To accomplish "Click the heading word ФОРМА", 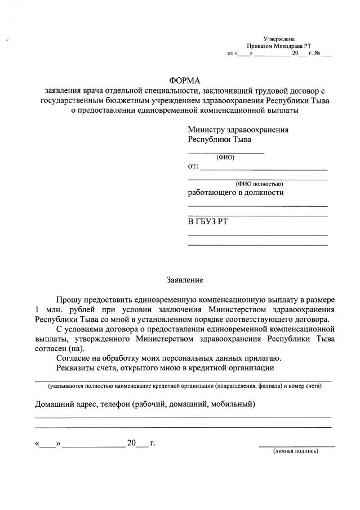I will click(185, 81).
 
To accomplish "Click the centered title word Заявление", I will click(184, 280).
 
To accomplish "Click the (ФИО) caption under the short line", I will click(225, 157).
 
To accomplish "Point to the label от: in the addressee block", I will click(193, 167).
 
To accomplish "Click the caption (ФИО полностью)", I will click(259, 184).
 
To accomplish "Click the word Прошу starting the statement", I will click(68, 299).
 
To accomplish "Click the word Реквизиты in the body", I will click(77, 368).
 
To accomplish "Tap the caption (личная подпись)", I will click(296, 451).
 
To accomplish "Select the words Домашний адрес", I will click(66, 403).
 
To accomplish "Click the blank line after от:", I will click(264, 169).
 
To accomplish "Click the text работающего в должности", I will click(235, 192).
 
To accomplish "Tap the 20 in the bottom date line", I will click(132, 443).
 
